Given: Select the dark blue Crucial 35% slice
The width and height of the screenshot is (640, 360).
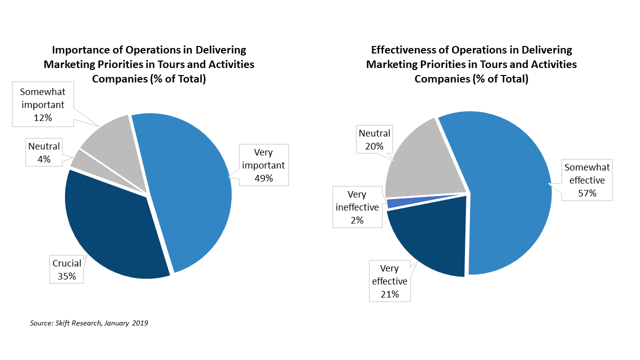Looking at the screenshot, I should [x=115, y=230].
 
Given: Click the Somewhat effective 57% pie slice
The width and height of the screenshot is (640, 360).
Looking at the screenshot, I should [x=505, y=195].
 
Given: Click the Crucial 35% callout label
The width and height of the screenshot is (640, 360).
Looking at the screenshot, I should [x=66, y=269].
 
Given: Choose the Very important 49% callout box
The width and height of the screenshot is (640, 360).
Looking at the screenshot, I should [x=263, y=165].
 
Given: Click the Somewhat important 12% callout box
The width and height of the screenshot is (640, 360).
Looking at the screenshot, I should [x=42, y=104].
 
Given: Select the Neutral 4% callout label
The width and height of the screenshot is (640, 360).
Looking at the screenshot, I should [x=44, y=152].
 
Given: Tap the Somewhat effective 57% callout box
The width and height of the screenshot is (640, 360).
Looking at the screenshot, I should [x=587, y=180].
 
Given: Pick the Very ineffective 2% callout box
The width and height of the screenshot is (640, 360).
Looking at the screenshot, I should [x=357, y=207].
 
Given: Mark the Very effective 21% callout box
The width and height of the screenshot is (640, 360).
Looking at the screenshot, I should [x=389, y=281].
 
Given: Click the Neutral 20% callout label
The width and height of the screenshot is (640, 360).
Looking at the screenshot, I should [x=374, y=139].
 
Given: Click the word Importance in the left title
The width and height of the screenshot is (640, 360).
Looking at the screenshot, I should [x=80, y=50].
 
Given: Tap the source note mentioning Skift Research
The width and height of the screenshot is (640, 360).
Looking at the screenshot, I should [x=89, y=323].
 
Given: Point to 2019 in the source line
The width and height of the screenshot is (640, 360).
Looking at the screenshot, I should [x=140, y=323].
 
